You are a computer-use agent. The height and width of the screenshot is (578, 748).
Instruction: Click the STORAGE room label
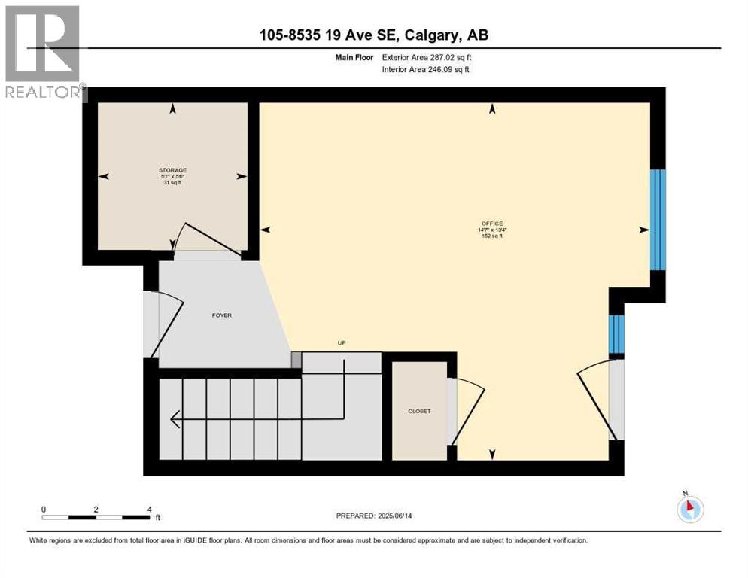(x=172, y=170)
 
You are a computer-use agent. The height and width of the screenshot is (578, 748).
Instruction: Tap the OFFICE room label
(x=493, y=224)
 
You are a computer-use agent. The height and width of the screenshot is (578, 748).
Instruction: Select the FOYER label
(x=221, y=315)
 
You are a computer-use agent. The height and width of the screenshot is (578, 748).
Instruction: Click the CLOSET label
(x=419, y=411)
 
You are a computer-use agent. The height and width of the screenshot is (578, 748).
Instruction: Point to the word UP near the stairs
(x=340, y=343)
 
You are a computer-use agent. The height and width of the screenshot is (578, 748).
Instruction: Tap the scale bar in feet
(x=96, y=517)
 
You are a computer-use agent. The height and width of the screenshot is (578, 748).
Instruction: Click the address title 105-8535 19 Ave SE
(x=373, y=35)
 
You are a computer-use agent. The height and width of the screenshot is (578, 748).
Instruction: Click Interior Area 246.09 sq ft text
(x=427, y=70)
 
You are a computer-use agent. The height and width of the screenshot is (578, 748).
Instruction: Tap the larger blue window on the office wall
(x=658, y=219)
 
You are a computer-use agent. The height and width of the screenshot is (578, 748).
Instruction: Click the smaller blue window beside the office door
(x=616, y=334)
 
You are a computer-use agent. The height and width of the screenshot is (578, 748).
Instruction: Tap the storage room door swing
(x=207, y=237)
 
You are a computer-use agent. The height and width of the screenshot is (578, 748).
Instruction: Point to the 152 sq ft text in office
(x=492, y=236)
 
